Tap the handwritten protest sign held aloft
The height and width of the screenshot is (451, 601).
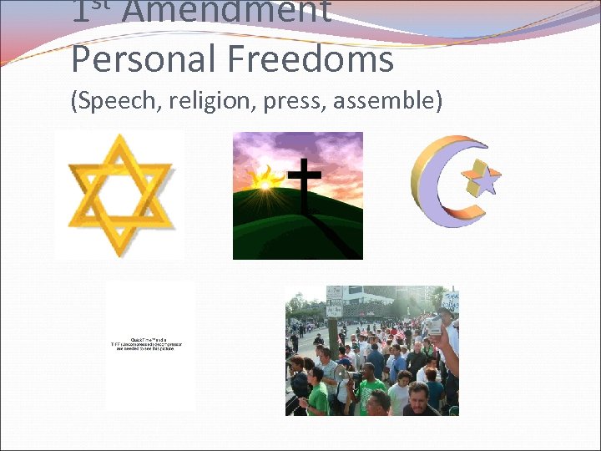(x=450, y=300)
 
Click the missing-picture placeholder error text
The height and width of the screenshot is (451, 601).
(x=151, y=345)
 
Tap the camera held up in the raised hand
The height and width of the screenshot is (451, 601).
(x=434, y=327)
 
